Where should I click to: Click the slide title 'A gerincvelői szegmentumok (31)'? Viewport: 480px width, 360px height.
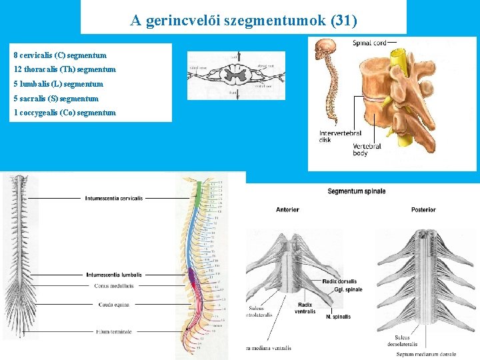[243, 21]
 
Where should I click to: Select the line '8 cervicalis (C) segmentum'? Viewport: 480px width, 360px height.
[60, 55]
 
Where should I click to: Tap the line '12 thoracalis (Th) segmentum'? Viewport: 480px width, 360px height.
[65, 69]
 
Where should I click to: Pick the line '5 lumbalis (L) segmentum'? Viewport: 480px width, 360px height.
[59, 84]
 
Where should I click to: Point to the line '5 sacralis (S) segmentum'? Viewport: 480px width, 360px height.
[56, 99]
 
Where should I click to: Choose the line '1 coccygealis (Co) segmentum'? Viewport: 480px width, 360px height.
[65, 113]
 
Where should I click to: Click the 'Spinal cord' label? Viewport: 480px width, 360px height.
[369, 43]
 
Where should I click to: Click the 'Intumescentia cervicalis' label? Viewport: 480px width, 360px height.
[114, 198]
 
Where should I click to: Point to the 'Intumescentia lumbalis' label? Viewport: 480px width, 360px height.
[114, 275]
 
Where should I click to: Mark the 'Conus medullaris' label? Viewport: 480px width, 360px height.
[114, 285]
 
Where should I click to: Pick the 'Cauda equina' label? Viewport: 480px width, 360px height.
[114, 304]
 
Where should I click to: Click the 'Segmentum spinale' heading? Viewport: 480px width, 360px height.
[356, 191]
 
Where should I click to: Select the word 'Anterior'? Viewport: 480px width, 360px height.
[287, 209]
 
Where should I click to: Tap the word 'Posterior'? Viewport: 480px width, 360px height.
[423, 209]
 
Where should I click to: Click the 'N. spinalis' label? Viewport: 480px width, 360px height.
[338, 317]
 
